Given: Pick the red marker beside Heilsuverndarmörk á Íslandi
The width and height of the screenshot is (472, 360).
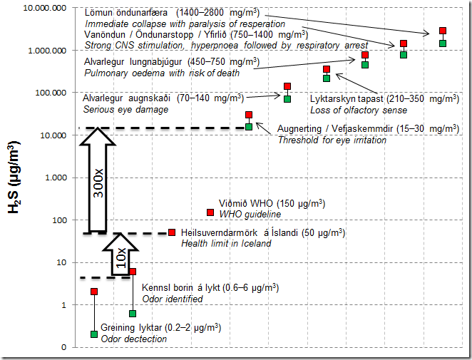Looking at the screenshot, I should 172,232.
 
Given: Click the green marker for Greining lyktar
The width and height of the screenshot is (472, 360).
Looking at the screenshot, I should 94,334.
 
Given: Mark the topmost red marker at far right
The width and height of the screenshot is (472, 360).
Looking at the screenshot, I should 443,31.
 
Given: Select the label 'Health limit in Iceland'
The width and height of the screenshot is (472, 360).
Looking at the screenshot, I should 226,244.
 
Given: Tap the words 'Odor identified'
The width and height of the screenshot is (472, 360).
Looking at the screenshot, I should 173,299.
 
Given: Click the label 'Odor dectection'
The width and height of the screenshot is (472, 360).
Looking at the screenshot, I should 134,339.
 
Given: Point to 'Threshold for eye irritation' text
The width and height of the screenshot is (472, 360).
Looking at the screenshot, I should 332,140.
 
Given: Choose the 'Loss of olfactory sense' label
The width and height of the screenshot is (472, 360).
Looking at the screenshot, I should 359,110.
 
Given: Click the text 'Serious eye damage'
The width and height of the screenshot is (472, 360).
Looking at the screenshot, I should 125,110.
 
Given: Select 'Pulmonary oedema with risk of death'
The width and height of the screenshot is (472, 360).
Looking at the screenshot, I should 162,73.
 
